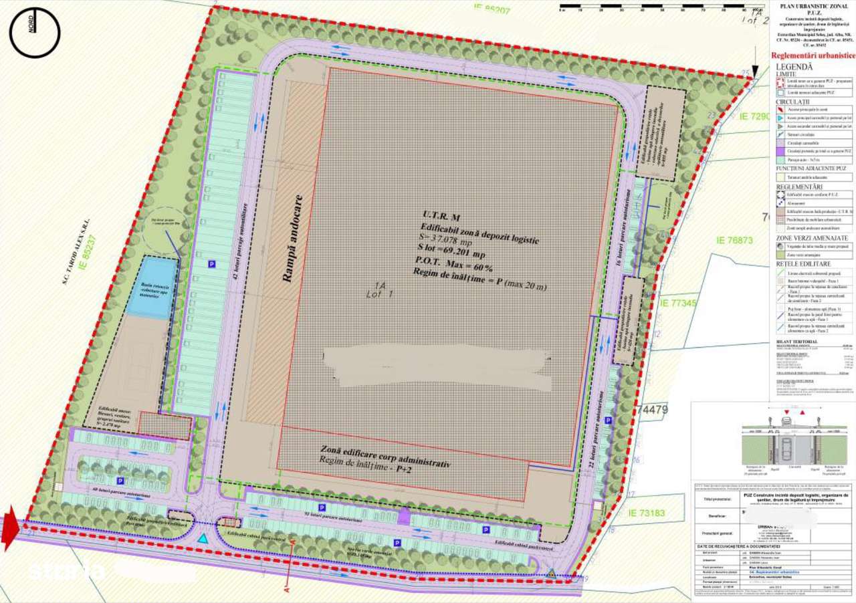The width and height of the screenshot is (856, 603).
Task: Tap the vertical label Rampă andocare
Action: point(289,239)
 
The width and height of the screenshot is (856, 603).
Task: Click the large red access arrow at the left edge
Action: point(10,528)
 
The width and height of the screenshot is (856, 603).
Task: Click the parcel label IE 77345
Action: point(678,304)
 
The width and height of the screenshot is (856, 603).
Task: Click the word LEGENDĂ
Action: point(794,67)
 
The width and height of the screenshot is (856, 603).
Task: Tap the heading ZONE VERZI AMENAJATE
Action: point(812,238)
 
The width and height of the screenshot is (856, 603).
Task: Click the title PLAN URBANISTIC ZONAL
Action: point(812,7)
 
